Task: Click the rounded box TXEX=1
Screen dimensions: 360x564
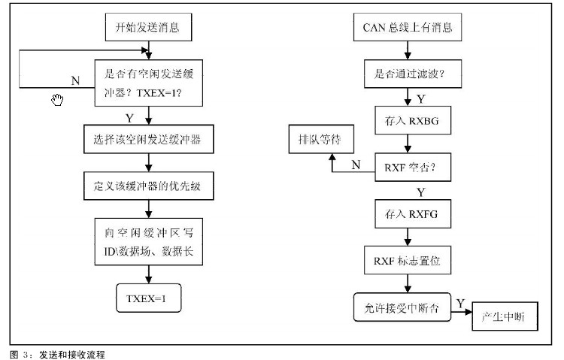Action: (149, 298)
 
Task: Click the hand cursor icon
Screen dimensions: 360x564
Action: (57, 100)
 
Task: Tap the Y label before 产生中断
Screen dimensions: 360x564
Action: (459, 302)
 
